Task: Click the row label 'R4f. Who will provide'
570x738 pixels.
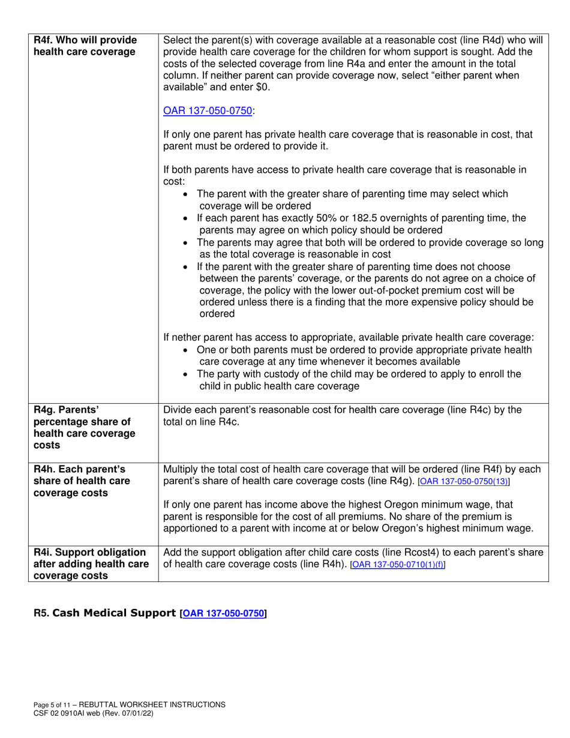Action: (x=85, y=40)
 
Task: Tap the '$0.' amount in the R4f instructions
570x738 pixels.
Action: (x=261, y=86)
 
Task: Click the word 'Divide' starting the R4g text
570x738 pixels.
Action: (x=178, y=410)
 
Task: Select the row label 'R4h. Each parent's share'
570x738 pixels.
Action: (x=81, y=469)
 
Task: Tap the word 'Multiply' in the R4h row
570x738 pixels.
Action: (x=181, y=469)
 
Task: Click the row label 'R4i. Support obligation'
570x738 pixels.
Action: (x=90, y=552)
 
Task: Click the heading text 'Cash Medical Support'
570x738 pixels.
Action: (x=115, y=613)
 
